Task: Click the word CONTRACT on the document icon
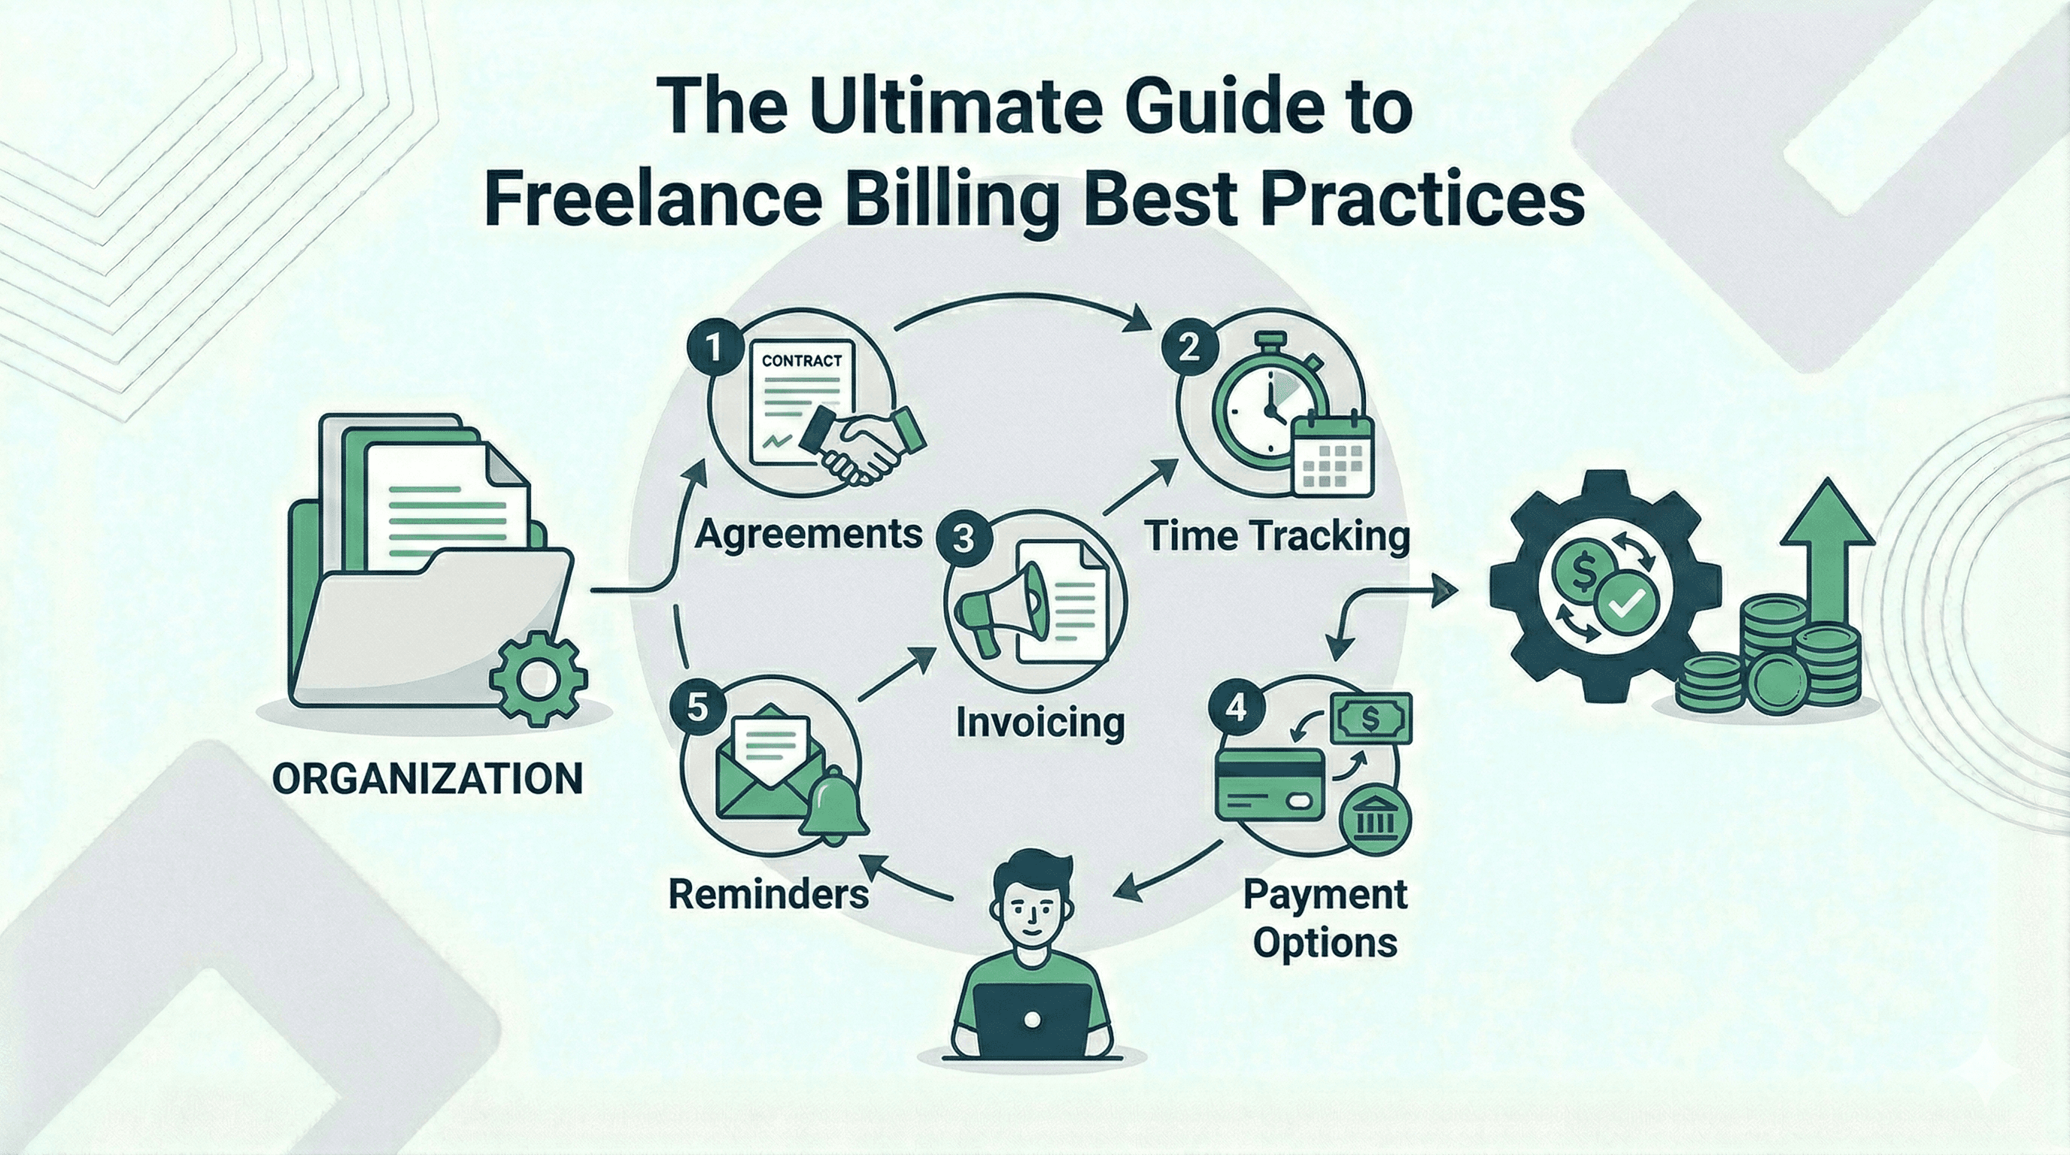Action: pos(801,361)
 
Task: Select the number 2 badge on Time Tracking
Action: pos(1188,347)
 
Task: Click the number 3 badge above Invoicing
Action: pos(964,539)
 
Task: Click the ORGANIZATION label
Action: pos(427,778)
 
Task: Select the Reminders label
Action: pos(768,894)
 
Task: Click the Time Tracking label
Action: pos(1278,535)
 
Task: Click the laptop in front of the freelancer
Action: pos(1033,1019)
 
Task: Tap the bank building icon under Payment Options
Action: pos(1375,823)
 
